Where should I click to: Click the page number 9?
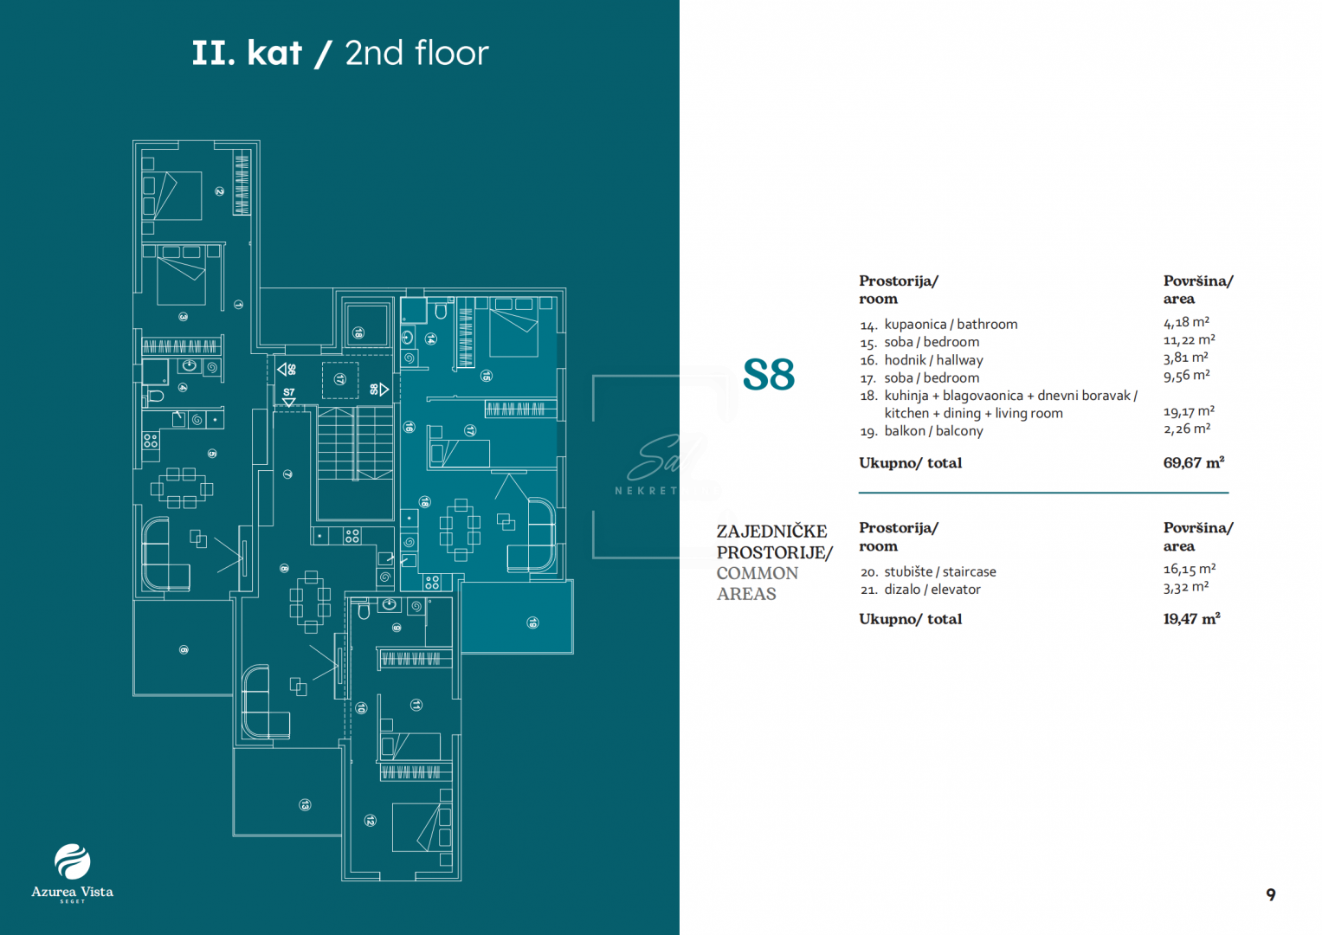[x=1270, y=894]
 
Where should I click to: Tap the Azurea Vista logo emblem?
[x=72, y=861]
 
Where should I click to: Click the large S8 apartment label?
[x=768, y=375]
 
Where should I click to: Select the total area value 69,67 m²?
[x=1193, y=463]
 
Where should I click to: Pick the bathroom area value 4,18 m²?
[x=1186, y=323]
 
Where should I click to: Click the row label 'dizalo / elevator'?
[x=932, y=590]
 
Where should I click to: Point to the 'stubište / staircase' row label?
[x=939, y=571]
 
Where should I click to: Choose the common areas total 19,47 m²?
[x=1191, y=619]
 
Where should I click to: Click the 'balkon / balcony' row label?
[x=932, y=431]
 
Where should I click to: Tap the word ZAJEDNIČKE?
[x=771, y=532]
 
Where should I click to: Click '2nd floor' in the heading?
[x=416, y=54]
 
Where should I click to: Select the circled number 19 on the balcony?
[x=533, y=622]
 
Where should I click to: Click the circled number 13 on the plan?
[x=305, y=805]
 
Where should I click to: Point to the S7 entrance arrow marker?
[x=289, y=397]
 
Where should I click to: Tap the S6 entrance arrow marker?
[x=287, y=370]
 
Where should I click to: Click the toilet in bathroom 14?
[x=440, y=311]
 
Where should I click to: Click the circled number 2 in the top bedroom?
[x=220, y=191]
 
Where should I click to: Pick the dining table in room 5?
[x=181, y=488]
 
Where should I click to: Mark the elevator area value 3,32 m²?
[x=1185, y=588]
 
